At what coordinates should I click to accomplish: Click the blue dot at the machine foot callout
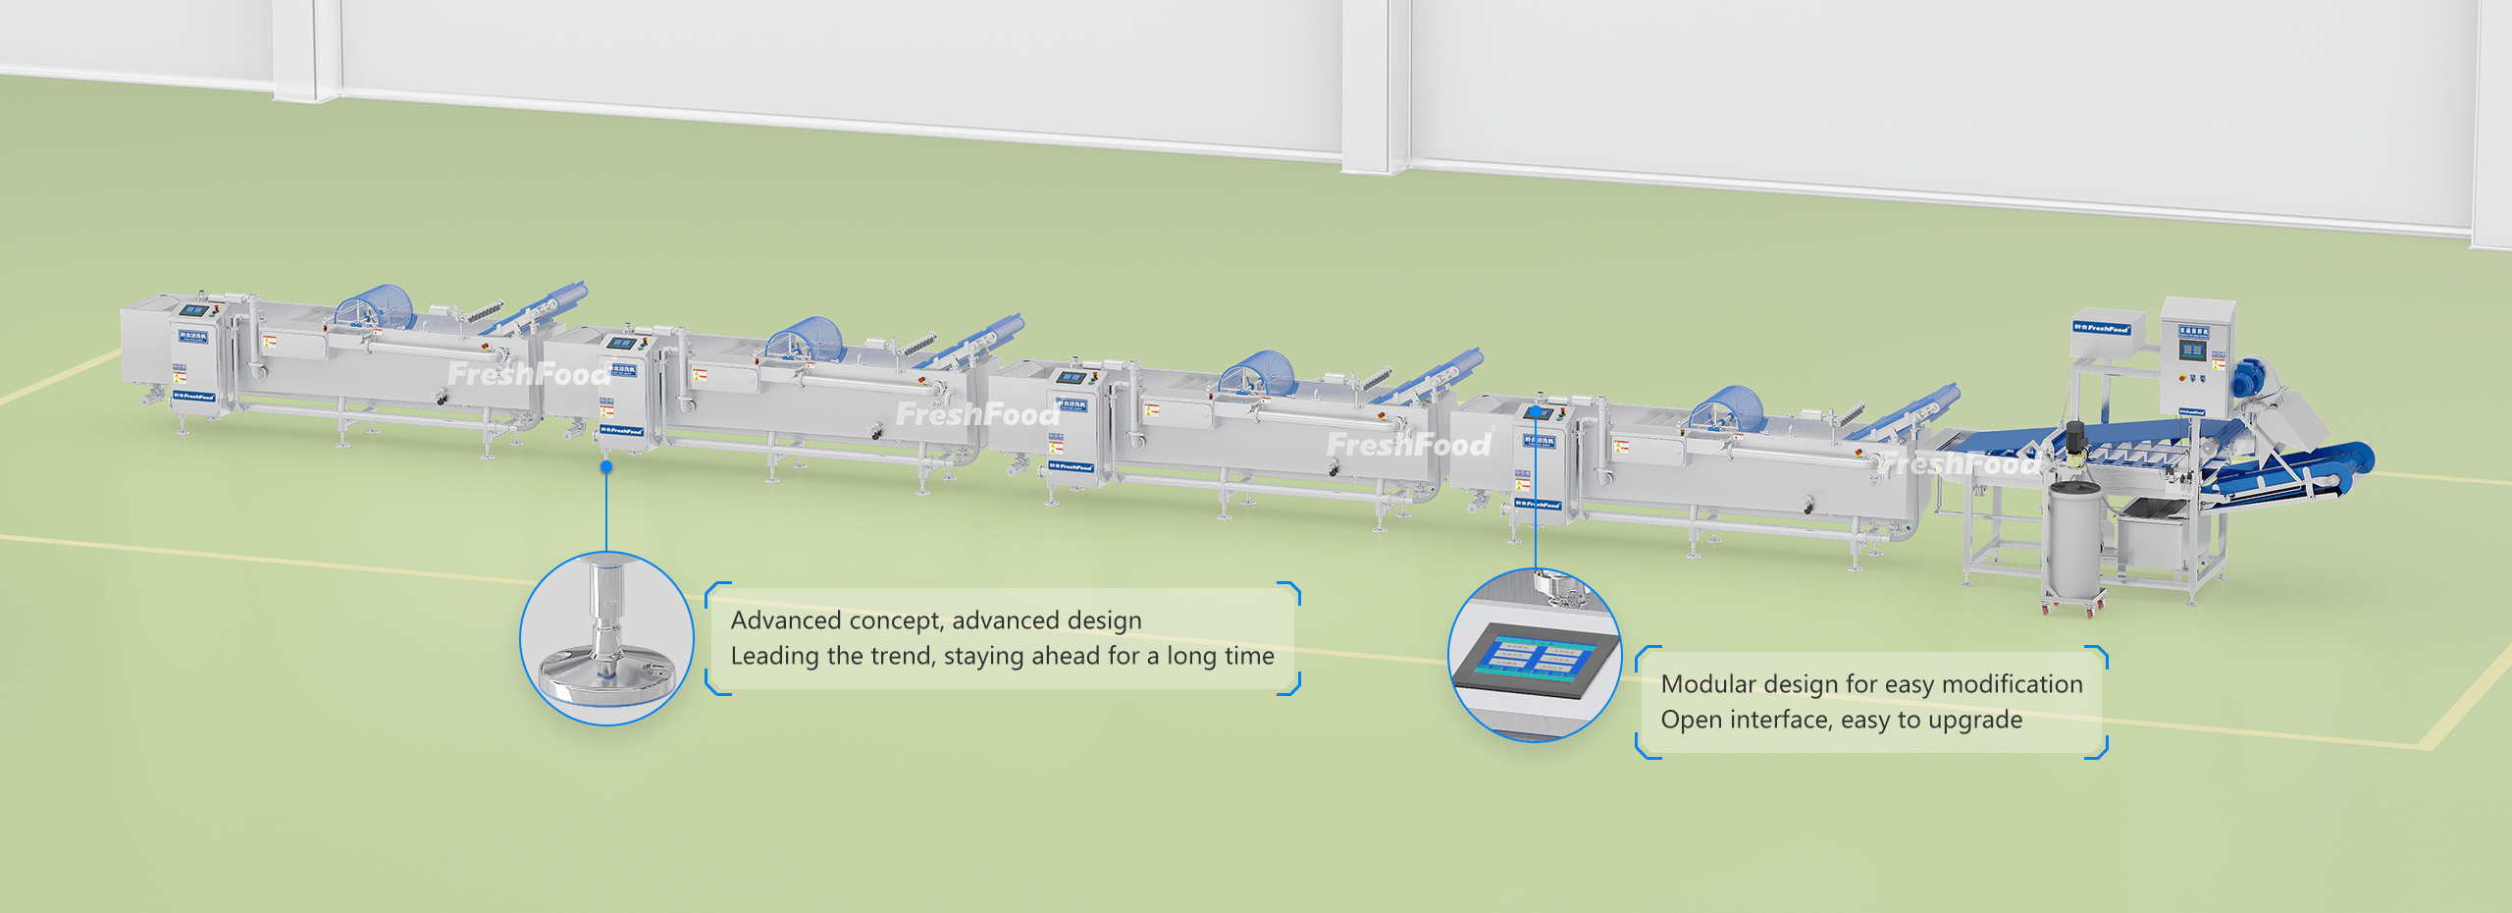click(606, 466)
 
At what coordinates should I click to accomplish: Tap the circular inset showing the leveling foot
click(606, 639)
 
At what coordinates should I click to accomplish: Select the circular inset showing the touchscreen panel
click(1535, 655)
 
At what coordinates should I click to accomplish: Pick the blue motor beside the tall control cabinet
click(2251, 377)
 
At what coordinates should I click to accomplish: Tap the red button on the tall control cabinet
click(2180, 377)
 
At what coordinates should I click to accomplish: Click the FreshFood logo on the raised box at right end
click(2101, 328)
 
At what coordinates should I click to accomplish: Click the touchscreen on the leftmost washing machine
click(193, 310)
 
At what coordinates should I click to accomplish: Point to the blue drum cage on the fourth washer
click(1728, 408)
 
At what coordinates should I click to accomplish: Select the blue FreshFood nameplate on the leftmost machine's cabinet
click(193, 397)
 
